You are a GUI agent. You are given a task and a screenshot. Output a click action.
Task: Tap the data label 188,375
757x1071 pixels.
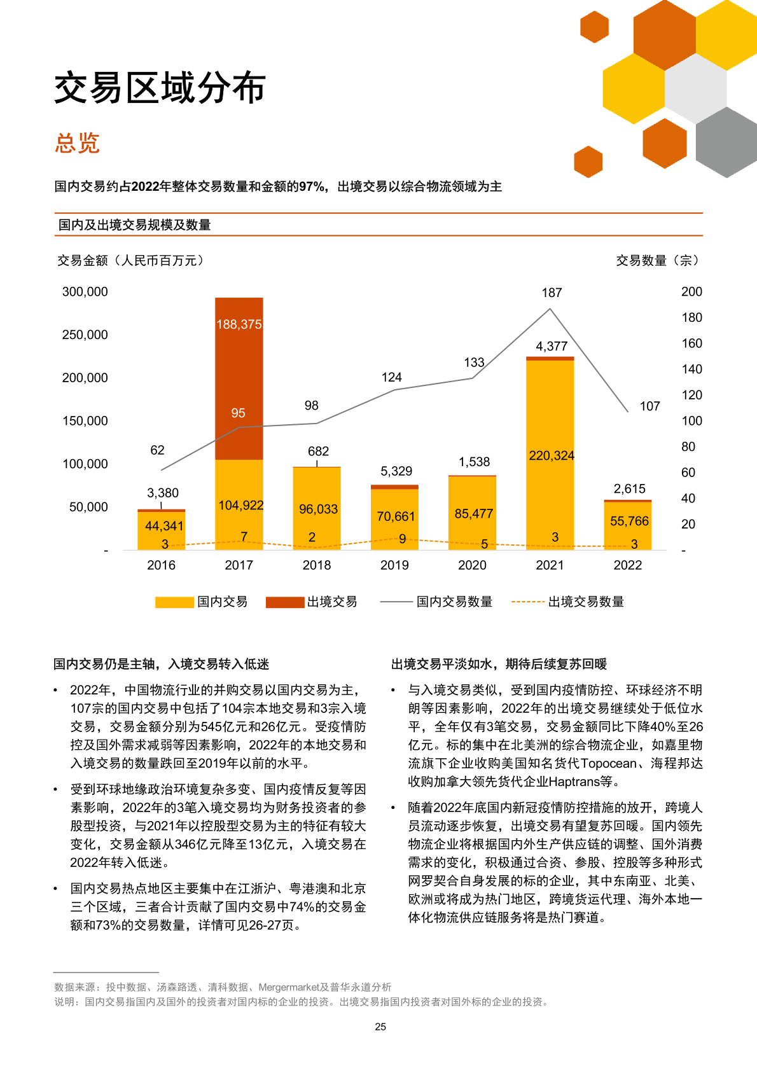click(239, 324)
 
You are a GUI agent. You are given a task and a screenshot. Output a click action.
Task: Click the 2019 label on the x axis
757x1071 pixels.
click(394, 565)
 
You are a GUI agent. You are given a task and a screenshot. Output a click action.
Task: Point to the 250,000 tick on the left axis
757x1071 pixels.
click(85, 335)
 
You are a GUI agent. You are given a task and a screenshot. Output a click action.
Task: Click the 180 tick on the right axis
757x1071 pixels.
click(691, 317)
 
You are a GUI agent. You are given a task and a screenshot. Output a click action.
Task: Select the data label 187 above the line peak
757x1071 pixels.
click(552, 293)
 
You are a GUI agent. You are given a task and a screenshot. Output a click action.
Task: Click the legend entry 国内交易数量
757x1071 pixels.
click(454, 602)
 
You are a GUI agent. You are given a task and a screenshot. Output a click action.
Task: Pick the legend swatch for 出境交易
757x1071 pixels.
click(284, 602)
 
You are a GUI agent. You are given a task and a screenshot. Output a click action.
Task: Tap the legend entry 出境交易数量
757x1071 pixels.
click(586, 602)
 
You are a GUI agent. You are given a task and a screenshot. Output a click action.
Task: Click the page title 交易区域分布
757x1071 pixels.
click(160, 88)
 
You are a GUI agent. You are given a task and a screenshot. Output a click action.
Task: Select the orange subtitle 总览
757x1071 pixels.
click(77, 143)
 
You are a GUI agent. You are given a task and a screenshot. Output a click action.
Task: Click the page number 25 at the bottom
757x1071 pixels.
click(380, 1026)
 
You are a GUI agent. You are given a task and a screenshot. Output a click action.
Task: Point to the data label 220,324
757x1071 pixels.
click(551, 455)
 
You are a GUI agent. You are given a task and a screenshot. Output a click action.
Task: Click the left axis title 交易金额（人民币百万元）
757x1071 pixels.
click(130, 260)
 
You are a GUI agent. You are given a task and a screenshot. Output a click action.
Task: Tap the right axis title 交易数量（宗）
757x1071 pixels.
click(657, 260)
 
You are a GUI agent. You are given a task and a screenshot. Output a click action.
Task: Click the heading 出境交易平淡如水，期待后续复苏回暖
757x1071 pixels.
click(499, 664)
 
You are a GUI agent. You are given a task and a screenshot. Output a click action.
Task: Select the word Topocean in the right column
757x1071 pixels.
click(608, 763)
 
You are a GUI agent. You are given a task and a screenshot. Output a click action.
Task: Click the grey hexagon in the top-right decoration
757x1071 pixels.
click(726, 142)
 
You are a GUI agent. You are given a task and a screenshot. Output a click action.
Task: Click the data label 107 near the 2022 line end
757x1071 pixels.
click(649, 406)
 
